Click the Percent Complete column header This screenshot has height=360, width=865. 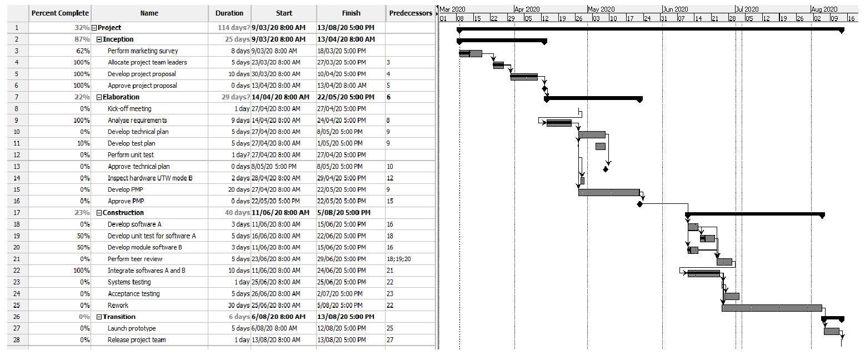[60, 13]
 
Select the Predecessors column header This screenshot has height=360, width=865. [411, 13]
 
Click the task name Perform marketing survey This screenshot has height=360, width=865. [143, 51]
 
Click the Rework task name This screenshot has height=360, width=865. [118, 305]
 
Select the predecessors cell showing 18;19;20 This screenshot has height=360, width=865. [398, 259]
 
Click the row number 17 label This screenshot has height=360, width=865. [17, 213]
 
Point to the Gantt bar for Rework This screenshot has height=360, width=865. [772, 308]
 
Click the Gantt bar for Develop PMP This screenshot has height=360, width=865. [609, 192]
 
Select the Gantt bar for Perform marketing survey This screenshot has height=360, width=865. [471, 53]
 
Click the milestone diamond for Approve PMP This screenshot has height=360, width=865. [639, 204]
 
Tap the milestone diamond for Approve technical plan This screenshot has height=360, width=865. [606, 169]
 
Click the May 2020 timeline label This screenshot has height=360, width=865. [601, 9]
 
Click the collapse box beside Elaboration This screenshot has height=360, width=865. [99, 97]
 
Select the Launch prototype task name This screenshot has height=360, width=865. [132, 328]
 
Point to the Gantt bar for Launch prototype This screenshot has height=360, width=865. [832, 331]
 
